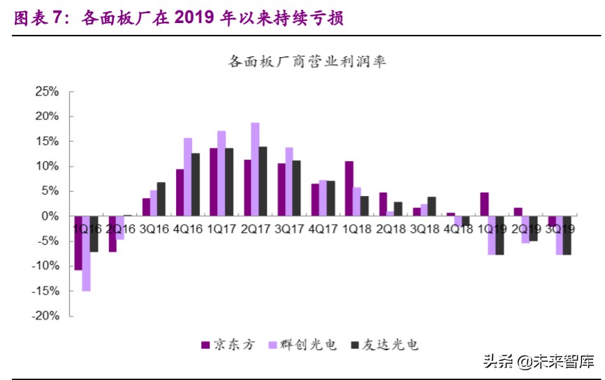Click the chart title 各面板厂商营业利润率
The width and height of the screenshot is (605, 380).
[x=307, y=62]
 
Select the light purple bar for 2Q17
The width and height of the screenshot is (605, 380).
[x=255, y=169]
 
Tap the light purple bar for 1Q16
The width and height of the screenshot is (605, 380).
[x=86, y=253]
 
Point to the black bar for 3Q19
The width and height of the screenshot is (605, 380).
[x=567, y=236]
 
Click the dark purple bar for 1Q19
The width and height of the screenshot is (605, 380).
[x=484, y=204]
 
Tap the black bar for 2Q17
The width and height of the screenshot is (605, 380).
[x=263, y=181]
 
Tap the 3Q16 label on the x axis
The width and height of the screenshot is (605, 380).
[x=154, y=229]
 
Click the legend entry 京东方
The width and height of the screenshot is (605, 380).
[x=228, y=344]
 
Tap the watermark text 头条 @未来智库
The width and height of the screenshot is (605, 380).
[x=538, y=362]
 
